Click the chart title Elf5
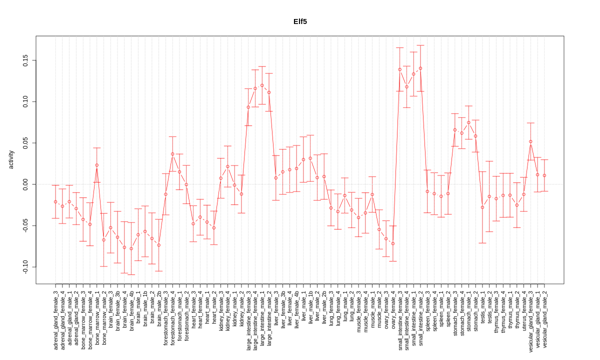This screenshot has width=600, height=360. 300,21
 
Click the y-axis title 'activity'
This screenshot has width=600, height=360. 11,160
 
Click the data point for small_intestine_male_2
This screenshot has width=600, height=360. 420,68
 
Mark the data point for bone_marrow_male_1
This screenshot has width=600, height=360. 97,165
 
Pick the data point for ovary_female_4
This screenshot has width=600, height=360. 393,243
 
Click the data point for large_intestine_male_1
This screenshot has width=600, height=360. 262,85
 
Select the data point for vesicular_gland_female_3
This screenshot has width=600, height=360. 530,141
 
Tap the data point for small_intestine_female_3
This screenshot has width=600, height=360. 400,69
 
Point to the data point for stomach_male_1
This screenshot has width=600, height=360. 468,122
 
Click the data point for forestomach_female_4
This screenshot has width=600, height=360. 172,154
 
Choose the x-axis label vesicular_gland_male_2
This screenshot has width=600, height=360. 544,319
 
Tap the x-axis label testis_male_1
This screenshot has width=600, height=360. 482,309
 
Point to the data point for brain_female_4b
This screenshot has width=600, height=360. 131,248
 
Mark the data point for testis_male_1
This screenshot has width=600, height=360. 482,207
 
